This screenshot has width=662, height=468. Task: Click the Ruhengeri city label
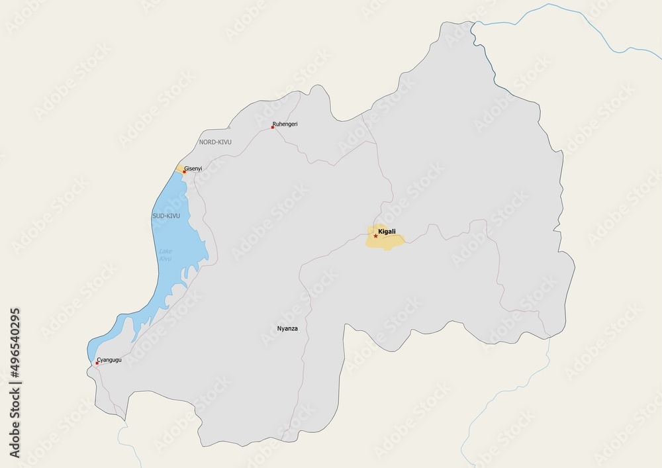pyautogui.click(x=285, y=124)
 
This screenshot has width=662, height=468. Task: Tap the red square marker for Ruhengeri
pyautogui.click(x=272, y=127)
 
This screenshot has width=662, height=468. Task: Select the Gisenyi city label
pyautogui.click(x=193, y=169)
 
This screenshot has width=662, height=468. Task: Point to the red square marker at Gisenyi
pyautogui.click(x=184, y=172)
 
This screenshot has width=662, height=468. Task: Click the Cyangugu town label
pyautogui.click(x=109, y=360)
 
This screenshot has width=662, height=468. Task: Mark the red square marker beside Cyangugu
pyautogui.click(x=97, y=363)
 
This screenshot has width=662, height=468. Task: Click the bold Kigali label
pyautogui.click(x=387, y=232)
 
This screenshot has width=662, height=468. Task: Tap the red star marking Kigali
pyautogui.click(x=376, y=236)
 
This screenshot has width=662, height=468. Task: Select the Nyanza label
pyautogui.click(x=287, y=328)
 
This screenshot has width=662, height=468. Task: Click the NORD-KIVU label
pyautogui.click(x=215, y=142)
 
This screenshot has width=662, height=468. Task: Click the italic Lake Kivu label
pyautogui.click(x=165, y=255)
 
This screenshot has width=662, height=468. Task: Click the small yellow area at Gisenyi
pyautogui.click(x=179, y=168)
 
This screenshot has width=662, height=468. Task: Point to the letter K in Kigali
pyautogui.click(x=379, y=232)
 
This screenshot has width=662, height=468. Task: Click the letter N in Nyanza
pyautogui.click(x=279, y=328)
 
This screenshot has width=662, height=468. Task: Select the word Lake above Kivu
pyautogui.click(x=165, y=251)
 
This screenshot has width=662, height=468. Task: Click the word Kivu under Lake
pyautogui.click(x=165, y=259)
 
